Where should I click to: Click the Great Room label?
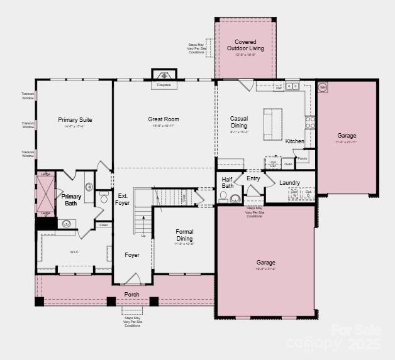point(164,119)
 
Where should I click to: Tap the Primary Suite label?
point(75,119)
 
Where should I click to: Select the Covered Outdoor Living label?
point(245,45)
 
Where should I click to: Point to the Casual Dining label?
point(239,122)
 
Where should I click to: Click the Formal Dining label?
point(184,235)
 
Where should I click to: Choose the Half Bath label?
point(228,182)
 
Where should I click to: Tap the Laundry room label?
point(289,183)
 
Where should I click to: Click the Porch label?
point(131,294)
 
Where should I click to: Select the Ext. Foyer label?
point(123,199)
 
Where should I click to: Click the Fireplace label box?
point(164,84)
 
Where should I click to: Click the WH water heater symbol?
point(323,87)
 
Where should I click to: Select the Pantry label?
point(303,159)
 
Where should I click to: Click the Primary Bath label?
point(72,200)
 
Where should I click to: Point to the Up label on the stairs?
point(143,236)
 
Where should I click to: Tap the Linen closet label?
point(103,224)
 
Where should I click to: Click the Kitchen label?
point(294,141)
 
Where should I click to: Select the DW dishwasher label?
point(278,88)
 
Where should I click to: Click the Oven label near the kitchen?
point(287,164)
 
